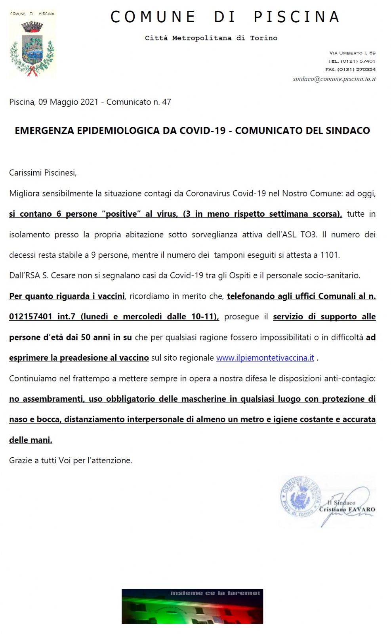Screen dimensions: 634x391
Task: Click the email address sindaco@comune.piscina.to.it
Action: tap(334, 79)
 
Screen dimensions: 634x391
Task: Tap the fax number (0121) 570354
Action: tap(350, 69)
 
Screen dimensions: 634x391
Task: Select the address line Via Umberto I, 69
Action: tap(352, 53)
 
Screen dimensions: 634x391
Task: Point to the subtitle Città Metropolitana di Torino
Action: tap(211, 38)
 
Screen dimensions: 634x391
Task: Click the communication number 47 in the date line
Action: tap(166, 102)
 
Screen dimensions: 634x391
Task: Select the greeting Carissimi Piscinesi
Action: tap(43, 173)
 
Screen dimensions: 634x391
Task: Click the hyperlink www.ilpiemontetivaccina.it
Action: tap(265, 358)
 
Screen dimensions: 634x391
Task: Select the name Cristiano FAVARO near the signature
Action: tap(347, 510)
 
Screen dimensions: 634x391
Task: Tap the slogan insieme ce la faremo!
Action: tap(215, 593)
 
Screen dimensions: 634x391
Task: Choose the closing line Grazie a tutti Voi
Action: tap(71, 460)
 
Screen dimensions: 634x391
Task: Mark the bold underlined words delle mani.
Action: tap(31, 440)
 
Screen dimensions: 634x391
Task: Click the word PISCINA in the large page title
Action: tap(297, 17)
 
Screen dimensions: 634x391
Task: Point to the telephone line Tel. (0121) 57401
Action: tap(351, 61)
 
